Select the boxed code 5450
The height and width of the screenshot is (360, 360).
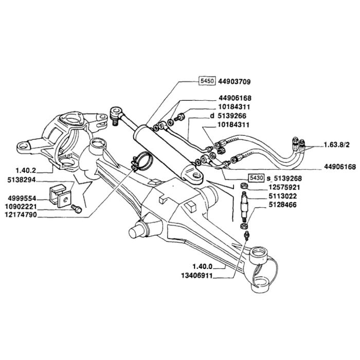click(x=208, y=82)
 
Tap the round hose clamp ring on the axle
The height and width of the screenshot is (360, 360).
click(x=141, y=160)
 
